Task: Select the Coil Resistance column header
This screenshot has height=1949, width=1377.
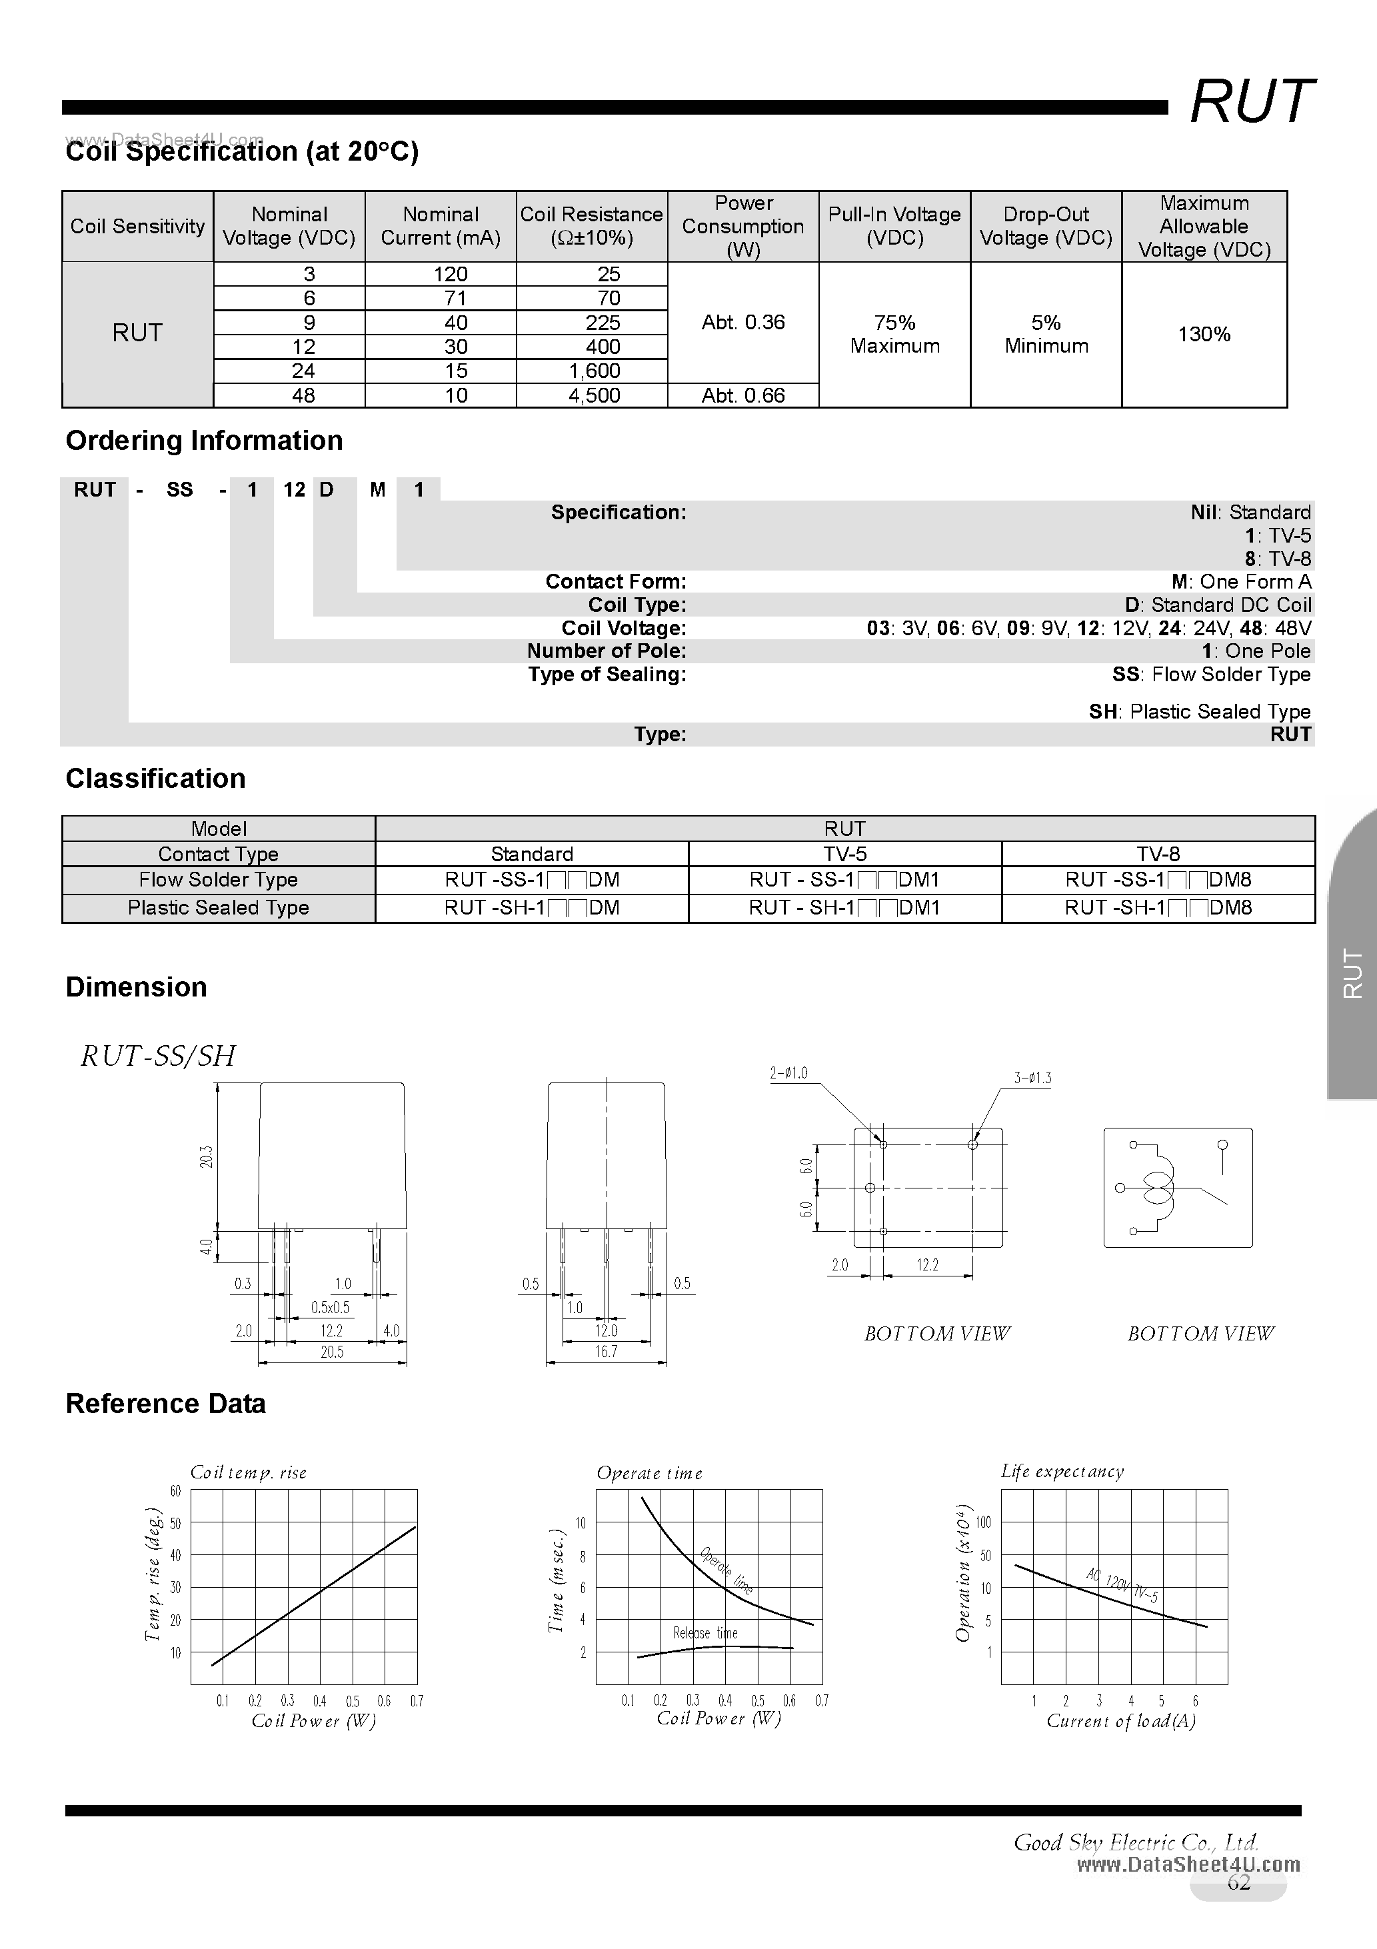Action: [592, 226]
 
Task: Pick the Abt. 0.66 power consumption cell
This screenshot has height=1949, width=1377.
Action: [743, 395]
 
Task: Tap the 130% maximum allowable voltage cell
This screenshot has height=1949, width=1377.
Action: [1204, 335]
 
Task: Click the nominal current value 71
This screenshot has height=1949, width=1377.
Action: [456, 298]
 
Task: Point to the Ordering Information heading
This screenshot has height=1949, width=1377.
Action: [204, 441]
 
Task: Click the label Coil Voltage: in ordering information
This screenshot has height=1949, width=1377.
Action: [623, 628]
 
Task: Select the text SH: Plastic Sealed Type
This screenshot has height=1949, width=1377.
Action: [1200, 711]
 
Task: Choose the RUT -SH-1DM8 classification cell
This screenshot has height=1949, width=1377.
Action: [1158, 907]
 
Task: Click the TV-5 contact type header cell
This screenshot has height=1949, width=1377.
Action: [844, 854]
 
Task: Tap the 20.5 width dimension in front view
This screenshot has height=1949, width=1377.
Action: [332, 1352]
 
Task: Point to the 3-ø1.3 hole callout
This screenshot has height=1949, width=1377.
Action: [1032, 1078]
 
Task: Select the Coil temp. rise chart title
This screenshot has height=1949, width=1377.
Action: [248, 1472]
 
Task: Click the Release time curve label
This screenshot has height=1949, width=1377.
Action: [704, 1632]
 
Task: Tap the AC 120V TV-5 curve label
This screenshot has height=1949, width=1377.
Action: [1122, 1586]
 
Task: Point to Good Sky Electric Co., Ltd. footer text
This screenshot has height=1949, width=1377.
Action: [1135, 1842]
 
